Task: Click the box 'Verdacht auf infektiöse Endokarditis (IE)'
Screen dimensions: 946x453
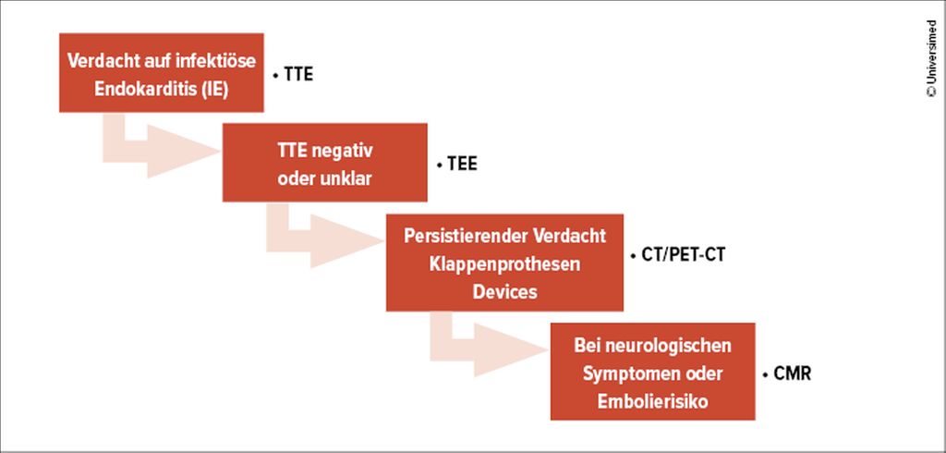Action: [161, 72]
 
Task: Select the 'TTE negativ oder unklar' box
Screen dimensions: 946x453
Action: [324, 163]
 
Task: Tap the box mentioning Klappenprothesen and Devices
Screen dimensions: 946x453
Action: [504, 263]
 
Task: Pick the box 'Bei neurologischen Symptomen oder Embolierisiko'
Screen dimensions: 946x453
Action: [652, 372]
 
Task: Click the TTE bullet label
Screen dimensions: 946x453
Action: [293, 76]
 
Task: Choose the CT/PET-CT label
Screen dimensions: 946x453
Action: [677, 255]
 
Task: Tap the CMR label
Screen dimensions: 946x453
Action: [787, 373]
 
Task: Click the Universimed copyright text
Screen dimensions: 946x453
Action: [931, 58]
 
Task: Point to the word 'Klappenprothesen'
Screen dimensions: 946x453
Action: [504, 263]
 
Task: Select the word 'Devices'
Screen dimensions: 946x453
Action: [504, 292]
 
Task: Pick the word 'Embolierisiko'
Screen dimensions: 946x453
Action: [652, 401]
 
